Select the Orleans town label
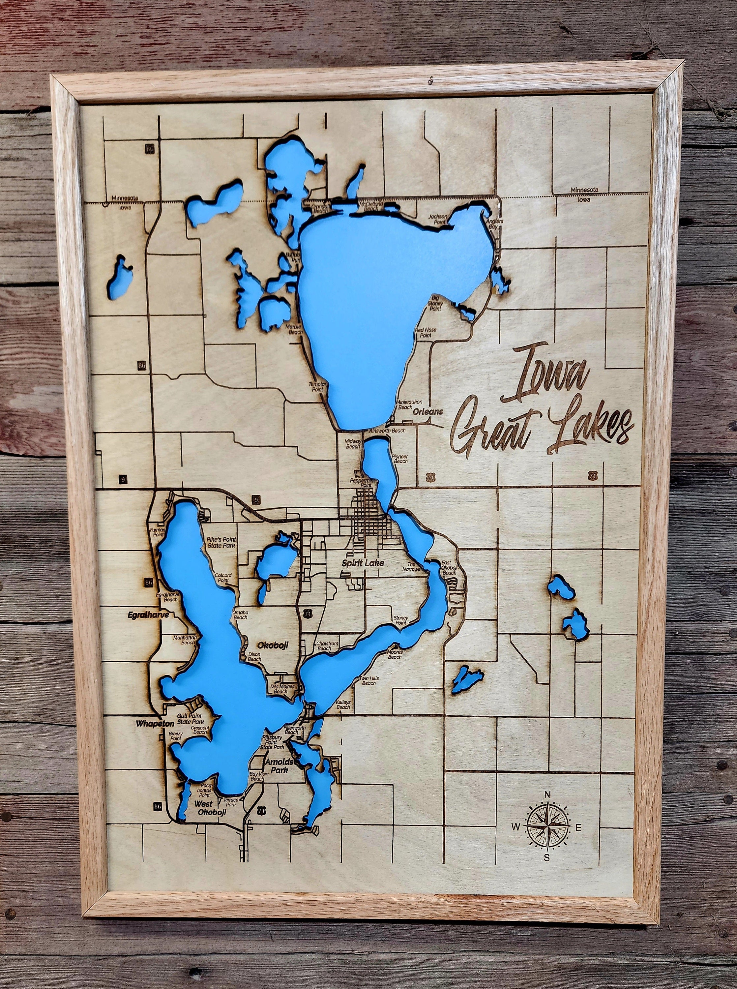tap(427, 411)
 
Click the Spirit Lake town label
tap(362, 563)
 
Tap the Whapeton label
tap(155, 724)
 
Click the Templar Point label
tap(319, 386)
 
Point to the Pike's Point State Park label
tap(221, 542)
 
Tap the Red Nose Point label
tap(425, 332)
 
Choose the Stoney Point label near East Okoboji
tap(400, 620)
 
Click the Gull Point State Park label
tap(190, 719)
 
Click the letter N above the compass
tap(547, 794)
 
